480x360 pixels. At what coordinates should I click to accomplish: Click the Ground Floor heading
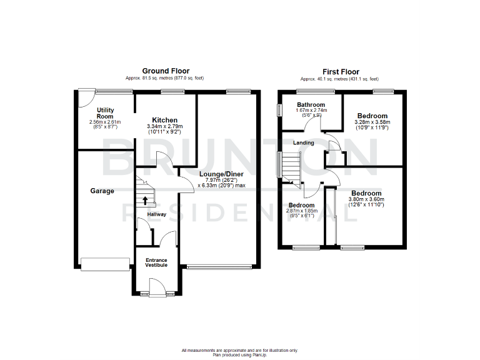166,71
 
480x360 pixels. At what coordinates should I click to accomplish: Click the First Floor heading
341,71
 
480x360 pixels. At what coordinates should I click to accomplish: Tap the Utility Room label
105,113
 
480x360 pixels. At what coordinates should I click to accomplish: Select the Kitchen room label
165,120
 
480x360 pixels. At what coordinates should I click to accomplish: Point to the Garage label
101,191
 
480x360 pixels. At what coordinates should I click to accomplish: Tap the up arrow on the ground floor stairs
145,201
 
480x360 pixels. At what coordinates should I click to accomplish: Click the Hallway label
156,215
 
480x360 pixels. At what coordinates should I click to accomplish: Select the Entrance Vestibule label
156,262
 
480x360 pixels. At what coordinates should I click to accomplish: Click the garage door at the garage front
105,265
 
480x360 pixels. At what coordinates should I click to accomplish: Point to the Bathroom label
311,104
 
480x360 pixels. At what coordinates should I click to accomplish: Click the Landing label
304,143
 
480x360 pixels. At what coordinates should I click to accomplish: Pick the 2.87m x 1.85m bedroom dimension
302,211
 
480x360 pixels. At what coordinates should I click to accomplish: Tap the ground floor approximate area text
165,78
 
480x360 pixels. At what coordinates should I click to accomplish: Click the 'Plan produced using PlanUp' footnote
240,354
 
